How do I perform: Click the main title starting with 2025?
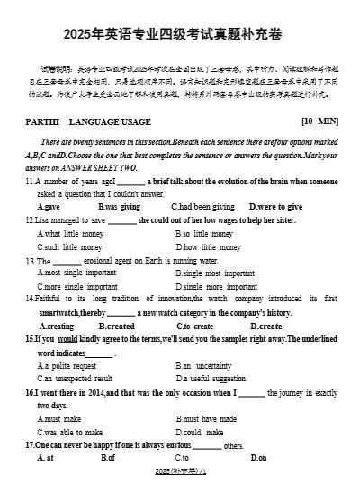point(179,34)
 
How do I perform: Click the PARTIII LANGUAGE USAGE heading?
point(85,120)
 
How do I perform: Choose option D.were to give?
point(275,206)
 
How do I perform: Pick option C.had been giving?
point(202,206)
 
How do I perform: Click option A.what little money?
point(69,233)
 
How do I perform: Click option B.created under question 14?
point(116,326)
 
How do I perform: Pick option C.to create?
point(194,326)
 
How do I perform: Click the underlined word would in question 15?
point(67,339)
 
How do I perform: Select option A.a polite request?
point(67,366)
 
